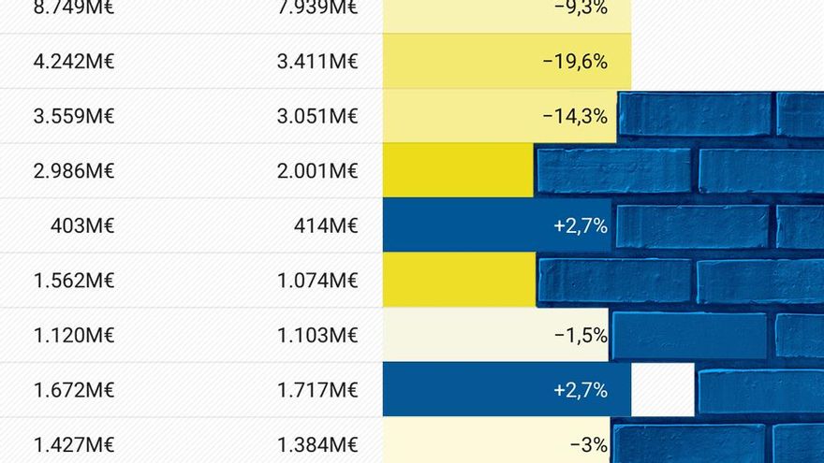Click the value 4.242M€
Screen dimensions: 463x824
point(73,63)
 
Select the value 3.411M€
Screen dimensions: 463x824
point(317,63)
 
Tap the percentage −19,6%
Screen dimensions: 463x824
point(575,63)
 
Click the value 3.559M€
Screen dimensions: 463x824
point(73,117)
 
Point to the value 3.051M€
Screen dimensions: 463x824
point(317,117)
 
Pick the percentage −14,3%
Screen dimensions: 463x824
point(575,117)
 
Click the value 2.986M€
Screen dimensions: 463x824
point(73,171)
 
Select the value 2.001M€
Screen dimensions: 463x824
point(317,171)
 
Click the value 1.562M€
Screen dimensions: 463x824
point(73,280)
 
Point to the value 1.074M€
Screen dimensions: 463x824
point(317,280)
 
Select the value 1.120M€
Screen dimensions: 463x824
point(73,335)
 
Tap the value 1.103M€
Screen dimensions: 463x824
point(317,335)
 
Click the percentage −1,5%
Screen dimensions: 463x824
point(581,335)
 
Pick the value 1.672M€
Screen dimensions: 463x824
point(73,389)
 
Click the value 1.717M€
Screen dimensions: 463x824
point(317,389)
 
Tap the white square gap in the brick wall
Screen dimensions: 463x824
point(663,389)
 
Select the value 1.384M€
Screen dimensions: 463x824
point(317,444)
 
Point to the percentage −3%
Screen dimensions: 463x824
point(589,444)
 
